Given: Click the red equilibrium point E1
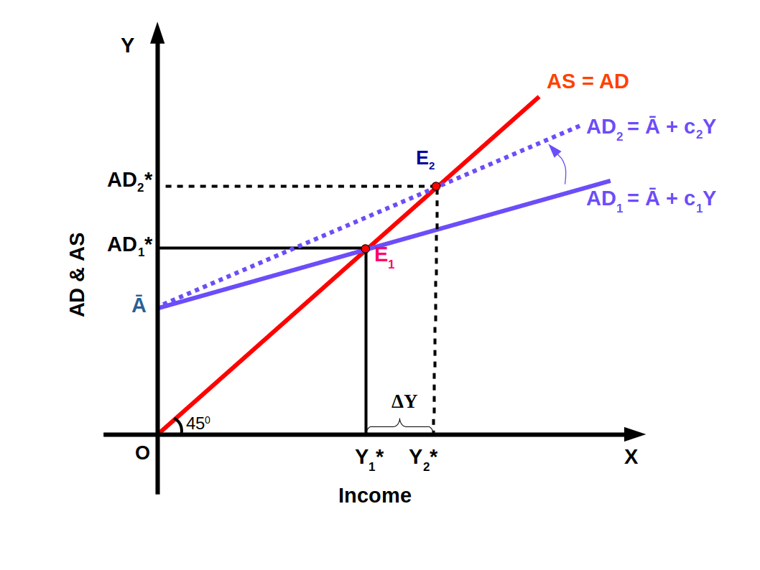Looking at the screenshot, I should pos(365,248).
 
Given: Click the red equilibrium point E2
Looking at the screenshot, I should pos(436,187).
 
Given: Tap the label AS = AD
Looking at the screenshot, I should pos(588,82).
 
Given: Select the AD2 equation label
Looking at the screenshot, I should pos(651,127).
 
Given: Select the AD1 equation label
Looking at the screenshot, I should pos(651,197).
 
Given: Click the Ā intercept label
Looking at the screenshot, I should pos(139,305).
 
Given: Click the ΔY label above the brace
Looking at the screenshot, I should pos(404,402).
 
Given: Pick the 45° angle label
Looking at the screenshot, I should pos(198,424).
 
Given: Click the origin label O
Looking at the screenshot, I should pos(142,454).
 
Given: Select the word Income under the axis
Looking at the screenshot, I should pos(374,495).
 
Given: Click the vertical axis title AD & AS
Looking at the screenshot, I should pos(78,274).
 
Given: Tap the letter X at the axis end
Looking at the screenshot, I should pos(631,457).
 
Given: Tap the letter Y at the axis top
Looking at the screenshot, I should pos(128,47).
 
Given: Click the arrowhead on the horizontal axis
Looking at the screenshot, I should pos(634,434).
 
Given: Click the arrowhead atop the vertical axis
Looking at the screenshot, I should pos(158,33).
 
